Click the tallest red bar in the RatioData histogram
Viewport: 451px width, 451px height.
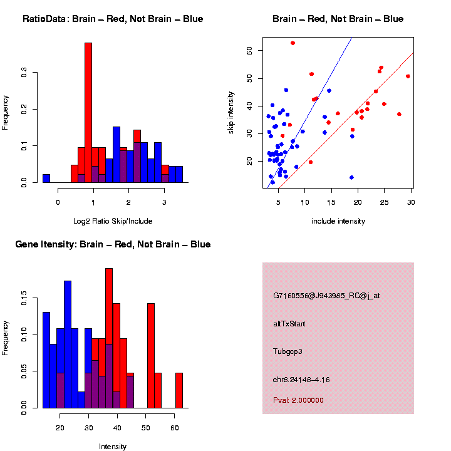(x=88, y=113)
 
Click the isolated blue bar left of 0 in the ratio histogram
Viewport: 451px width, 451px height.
(x=46, y=178)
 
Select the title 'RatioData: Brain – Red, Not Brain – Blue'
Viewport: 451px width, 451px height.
(x=113, y=19)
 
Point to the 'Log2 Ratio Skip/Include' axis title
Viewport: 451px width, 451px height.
(x=113, y=220)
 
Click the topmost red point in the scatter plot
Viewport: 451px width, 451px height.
(x=293, y=43)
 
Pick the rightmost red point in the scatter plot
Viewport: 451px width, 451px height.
(x=408, y=76)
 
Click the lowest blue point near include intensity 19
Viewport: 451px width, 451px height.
(x=351, y=177)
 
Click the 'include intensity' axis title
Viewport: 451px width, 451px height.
(x=338, y=221)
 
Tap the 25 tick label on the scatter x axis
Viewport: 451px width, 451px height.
(x=385, y=202)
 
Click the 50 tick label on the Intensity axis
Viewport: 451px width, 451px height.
(x=146, y=428)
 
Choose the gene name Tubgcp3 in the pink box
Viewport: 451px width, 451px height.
(x=288, y=351)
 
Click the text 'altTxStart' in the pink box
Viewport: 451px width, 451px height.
(x=289, y=324)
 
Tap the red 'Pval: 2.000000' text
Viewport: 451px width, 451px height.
(x=298, y=400)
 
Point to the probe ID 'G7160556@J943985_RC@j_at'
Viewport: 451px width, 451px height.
(x=326, y=296)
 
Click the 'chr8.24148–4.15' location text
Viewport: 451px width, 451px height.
(x=301, y=380)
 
